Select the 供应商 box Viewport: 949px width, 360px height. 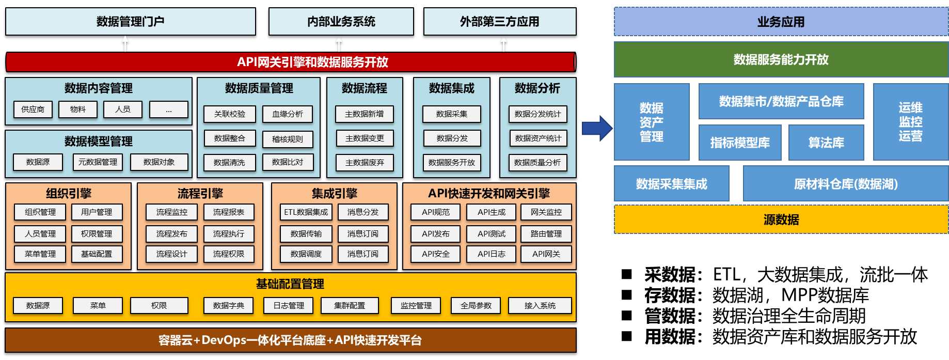[33, 109]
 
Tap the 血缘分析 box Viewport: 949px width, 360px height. [288, 114]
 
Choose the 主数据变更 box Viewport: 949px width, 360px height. [365, 138]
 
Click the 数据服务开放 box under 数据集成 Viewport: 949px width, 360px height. [452, 163]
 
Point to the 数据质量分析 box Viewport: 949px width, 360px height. [537, 163]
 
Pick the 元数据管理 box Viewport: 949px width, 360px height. [98, 162]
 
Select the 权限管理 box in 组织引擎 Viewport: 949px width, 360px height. [97, 234]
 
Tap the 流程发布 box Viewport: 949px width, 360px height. [172, 234]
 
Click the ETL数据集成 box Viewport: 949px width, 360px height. [306, 212]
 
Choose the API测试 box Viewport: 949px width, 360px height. [492, 234]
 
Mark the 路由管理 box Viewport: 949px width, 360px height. [546, 234]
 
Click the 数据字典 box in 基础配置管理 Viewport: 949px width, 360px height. [229, 306]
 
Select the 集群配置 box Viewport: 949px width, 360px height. [350, 306]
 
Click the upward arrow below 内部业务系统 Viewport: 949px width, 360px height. [339, 43]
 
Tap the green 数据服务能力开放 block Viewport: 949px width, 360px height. [781, 59]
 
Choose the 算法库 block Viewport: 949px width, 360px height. [826, 143]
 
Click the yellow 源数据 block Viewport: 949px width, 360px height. [781, 220]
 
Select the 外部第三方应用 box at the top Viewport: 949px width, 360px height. [500, 22]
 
